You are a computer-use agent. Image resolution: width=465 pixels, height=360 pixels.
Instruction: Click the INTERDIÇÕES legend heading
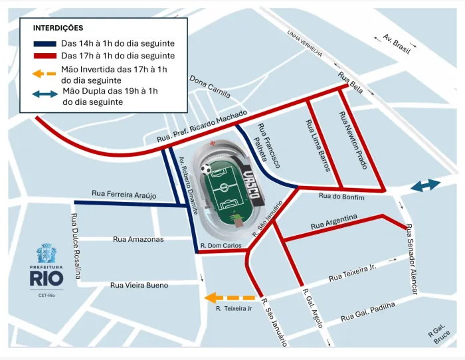coord(58,28)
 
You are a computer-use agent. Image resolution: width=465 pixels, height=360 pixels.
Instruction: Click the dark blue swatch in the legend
coord(44,43)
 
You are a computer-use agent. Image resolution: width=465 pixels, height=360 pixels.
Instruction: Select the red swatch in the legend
coord(44,56)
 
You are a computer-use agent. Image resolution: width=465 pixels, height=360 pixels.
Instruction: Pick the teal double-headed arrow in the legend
coord(45,94)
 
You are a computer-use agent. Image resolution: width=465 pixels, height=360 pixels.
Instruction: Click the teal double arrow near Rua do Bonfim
coord(425,186)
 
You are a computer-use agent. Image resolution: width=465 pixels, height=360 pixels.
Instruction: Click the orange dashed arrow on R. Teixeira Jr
coord(230,298)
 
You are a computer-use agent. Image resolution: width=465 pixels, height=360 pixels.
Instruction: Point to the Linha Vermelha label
coord(305,43)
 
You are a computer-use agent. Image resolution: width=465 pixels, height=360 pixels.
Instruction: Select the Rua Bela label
coord(351,82)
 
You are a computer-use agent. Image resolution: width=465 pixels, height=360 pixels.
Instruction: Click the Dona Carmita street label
coord(210,87)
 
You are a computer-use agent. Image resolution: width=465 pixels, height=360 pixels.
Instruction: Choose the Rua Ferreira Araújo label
coord(124,194)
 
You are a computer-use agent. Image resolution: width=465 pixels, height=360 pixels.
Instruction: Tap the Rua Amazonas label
coord(138,239)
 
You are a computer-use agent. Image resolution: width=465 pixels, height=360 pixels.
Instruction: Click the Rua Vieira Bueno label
coord(139,285)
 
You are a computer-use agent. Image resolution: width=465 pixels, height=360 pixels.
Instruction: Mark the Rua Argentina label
coord(334,223)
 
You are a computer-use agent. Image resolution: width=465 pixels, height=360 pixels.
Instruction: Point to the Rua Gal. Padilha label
coord(367,312)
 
